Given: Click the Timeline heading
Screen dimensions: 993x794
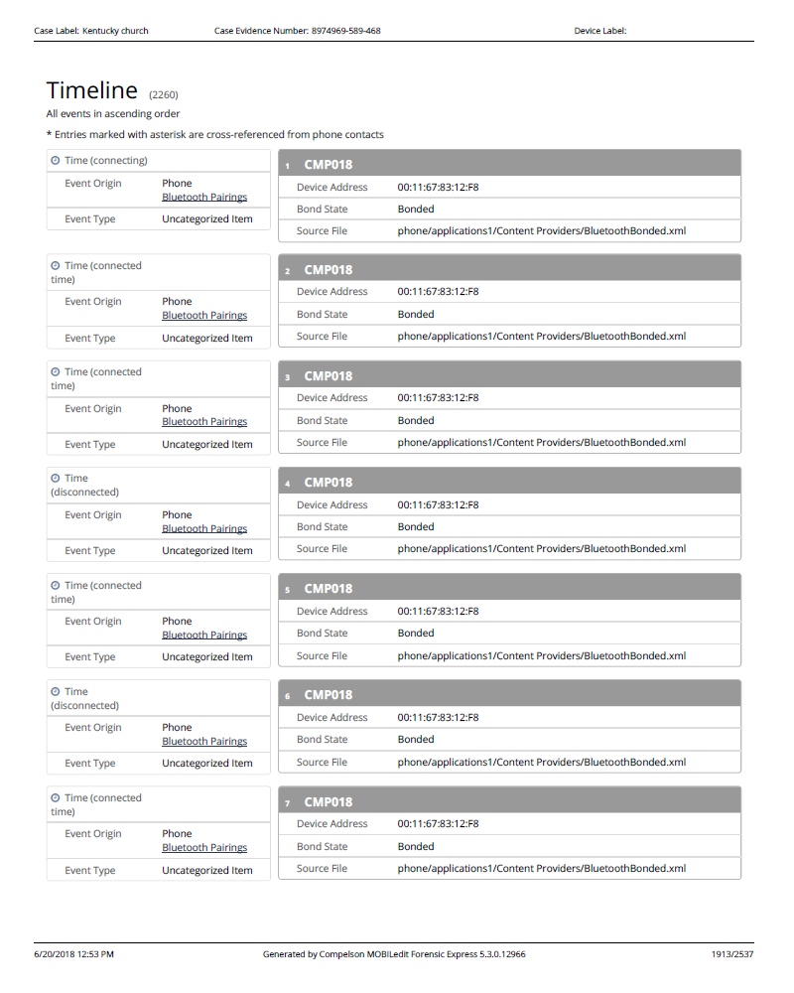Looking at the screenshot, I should (x=91, y=90).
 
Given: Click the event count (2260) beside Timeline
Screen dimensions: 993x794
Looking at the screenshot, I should (x=164, y=95).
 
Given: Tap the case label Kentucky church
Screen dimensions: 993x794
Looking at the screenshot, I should (x=91, y=31).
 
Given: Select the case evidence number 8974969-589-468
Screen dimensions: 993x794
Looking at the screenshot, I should (x=297, y=31).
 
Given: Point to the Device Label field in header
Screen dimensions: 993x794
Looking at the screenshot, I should (x=600, y=31).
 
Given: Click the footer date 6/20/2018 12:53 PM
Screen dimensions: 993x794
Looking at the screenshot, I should (x=73, y=954).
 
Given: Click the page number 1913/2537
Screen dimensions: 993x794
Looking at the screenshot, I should (x=732, y=954).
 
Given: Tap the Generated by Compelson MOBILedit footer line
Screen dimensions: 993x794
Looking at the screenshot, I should (x=394, y=954).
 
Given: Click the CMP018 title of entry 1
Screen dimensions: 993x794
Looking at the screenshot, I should (x=329, y=164).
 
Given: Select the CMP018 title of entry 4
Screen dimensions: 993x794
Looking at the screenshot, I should (x=329, y=483).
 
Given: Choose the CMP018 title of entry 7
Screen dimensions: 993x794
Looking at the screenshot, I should (x=329, y=801).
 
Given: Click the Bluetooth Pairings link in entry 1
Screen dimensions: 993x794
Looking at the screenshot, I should (x=204, y=198).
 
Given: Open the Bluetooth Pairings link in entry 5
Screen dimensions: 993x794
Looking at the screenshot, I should (x=204, y=636).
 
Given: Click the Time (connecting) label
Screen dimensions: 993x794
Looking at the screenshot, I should (x=105, y=161).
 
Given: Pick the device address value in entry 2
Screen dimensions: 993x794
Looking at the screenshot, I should (x=438, y=292).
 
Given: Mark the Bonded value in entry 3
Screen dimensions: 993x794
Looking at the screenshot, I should (x=416, y=421).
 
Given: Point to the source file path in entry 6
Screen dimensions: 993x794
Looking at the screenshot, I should (x=541, y=763).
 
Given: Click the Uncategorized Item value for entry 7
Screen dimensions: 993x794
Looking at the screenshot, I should (x=207, y=871).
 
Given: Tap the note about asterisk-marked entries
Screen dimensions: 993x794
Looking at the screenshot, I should (x=214, y=134).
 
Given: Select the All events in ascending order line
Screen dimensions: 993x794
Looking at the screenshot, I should (x=113, y=114).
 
